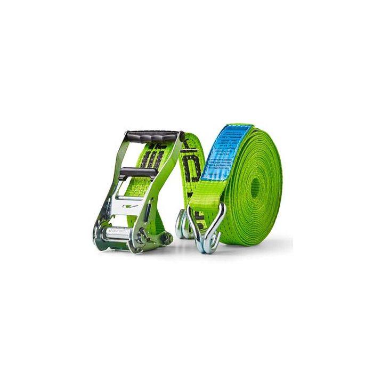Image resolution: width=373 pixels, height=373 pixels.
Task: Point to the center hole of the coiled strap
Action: point(256,186)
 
